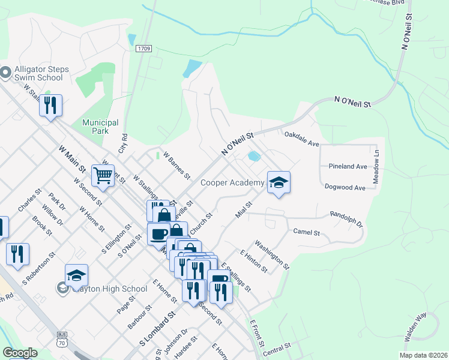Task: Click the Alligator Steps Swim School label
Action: point(38,73)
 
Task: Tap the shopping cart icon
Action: point(103,175)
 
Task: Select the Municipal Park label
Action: point(100,127)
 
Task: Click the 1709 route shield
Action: point(143,48)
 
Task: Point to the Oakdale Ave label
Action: point(301,139)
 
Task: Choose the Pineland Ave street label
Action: point(348,166)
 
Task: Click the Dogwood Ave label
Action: point(345,188)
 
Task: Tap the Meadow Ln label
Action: point(376,162)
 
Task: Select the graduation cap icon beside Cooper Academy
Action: point(279,182)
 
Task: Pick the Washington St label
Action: point(272,254)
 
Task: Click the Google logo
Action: point(20,353)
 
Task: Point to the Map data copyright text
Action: point(423,355)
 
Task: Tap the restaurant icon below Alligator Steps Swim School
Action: point(51,106)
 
